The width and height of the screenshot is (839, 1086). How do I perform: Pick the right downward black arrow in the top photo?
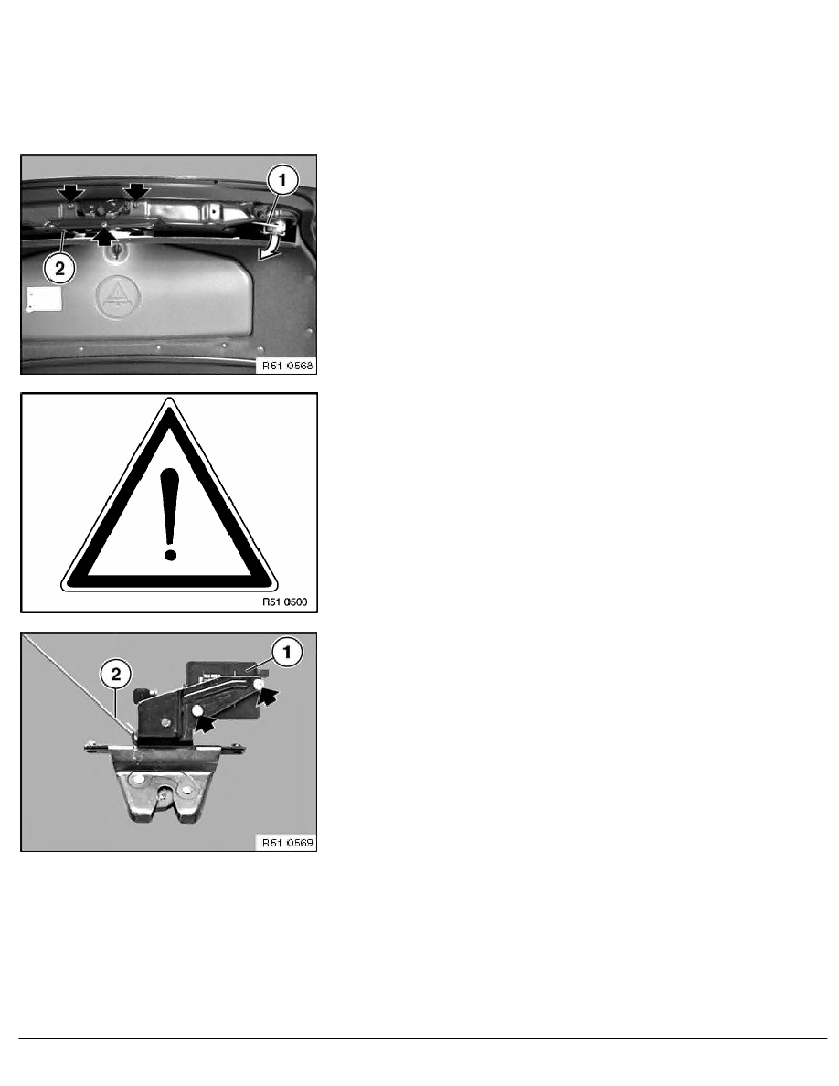pos(137,191)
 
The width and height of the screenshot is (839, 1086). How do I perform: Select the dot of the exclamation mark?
pos(168,552)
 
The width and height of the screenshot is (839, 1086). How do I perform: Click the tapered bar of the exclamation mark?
pos(168,503)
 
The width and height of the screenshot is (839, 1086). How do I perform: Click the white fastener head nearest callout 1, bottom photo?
pos(260,684)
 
